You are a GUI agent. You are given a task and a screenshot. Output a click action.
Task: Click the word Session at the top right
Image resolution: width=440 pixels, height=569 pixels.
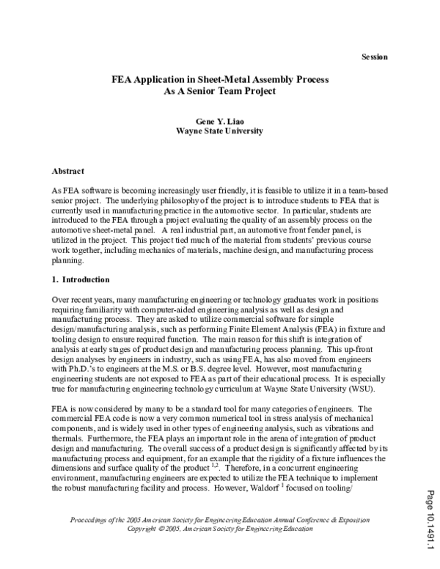pyautogui.click(x=375, y=58)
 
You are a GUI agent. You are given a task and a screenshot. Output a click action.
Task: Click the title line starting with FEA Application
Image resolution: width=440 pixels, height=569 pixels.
pyautogui.click(x=219, y=78)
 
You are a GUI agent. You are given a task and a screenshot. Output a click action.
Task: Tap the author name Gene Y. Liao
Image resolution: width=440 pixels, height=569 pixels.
pyautogui.click(x=219, y=120)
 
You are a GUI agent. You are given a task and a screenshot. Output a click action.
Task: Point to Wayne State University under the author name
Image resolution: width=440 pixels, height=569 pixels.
pyautogui.click(x=219, y=131)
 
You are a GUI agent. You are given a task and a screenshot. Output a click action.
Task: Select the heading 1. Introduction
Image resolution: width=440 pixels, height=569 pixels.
pyautogui.click(x=81, y=279)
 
